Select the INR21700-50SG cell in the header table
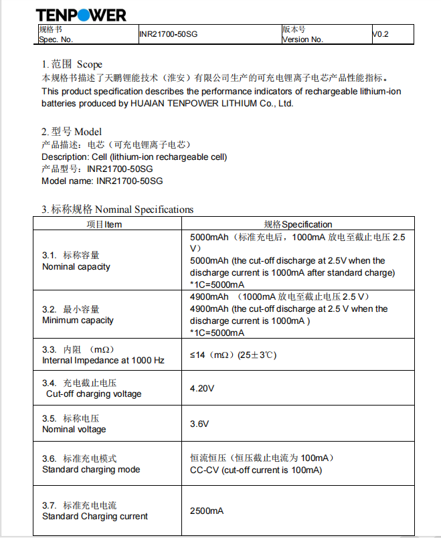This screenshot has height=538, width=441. click(x=169, y=34)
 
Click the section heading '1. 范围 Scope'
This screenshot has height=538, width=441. click(x=72, y=64)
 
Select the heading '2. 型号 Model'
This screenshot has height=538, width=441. click(x=72, y=132)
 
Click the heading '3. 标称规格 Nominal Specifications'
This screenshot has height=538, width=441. click(x=118, y=209)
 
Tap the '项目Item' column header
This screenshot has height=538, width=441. click(x=105, y=224)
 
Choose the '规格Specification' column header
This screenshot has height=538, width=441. click(x=298, y=224)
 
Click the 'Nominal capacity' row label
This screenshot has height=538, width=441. click(x=76, y=266)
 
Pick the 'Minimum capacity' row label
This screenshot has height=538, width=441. click(x=78, y=320)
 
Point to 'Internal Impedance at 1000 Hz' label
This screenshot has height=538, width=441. click(x=103, y=360)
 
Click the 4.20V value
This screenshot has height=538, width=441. click(x=202, y=388)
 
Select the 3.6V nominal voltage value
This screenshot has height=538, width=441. click(x=199, y=424)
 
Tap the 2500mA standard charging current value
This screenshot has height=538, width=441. click(x=207, y=511)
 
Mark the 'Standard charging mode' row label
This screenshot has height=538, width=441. click(x=91, y=469)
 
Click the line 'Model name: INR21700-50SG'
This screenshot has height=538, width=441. click(x=102, y=181)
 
